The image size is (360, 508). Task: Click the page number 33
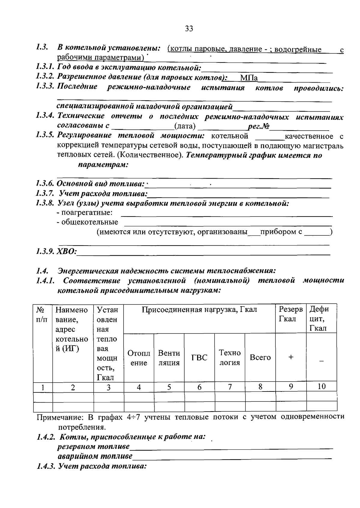(x=189, y=29)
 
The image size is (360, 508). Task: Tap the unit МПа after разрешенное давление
(x=249, y=78)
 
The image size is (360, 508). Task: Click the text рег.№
(x=258, y=126)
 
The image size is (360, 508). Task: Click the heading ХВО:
(x=67, y=251)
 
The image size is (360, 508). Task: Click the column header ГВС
(x=199, y=358)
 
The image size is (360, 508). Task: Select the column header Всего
(x=260, y=358)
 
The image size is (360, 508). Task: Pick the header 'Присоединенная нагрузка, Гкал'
(x=199, y=310)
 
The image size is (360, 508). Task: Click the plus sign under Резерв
(x=291, y=357)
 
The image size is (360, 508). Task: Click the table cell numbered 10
(x=321, y=386)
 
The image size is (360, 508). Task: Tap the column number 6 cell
(x=199, y=387)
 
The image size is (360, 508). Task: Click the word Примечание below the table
(x=60, y=417)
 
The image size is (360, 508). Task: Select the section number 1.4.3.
(x=46, y=466)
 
